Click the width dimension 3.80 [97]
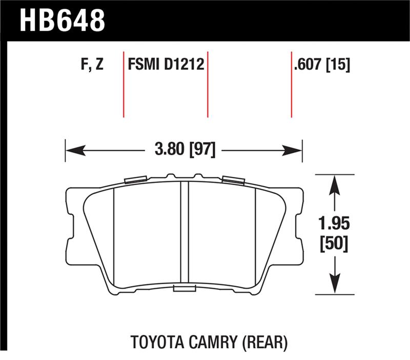[x=183, y=150]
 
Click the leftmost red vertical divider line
[x=124, y=85]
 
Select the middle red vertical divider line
[x=208, y=85]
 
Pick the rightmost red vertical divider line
[x=291, y=85]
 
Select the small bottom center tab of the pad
[x=182, y=289]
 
